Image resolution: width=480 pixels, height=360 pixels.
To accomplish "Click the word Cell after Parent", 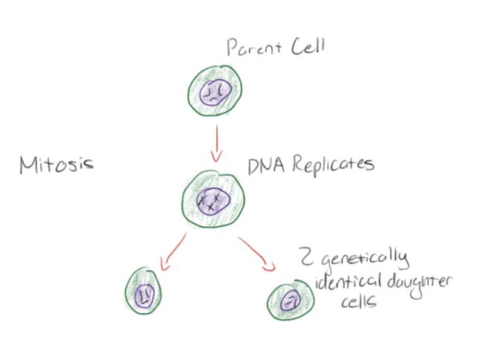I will [x=308, y=48].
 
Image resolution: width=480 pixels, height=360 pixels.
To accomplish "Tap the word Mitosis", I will [x=56, y=164].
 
